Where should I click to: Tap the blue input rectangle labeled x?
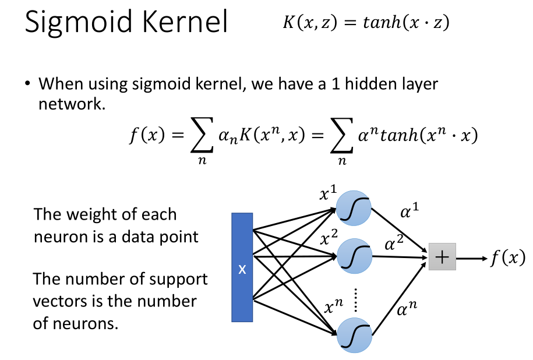242,267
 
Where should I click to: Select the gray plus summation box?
442,257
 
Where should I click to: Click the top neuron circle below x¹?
354,207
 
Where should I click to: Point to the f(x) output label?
506,257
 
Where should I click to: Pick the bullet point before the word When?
27,83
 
